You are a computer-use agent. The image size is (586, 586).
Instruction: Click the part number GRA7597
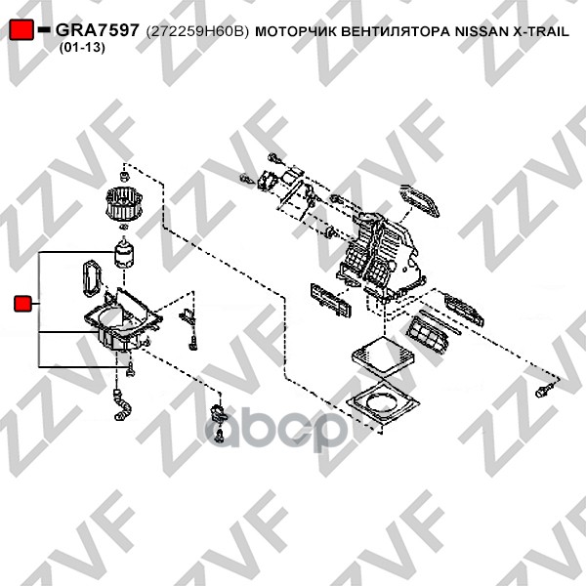(97, 30)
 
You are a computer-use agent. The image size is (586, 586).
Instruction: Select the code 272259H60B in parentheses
(197, 31)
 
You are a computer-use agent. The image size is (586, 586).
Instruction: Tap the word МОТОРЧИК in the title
(296, 32)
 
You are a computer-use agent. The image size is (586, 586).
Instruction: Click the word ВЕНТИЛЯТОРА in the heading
(396, 32)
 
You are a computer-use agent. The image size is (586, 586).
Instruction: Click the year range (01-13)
(82, 48)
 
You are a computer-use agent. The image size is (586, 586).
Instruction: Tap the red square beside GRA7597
(21, 29)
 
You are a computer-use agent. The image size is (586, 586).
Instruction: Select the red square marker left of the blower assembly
(22, 304)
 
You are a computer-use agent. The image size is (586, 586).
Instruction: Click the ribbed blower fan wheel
(124, 204)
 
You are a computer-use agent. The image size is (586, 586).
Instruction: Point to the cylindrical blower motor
(124, 253)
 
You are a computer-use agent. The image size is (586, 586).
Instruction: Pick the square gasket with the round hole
(383, 401)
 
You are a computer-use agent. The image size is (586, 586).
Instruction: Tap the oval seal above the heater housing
(419, 200)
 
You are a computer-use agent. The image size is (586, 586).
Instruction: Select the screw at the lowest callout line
(130, 369)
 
